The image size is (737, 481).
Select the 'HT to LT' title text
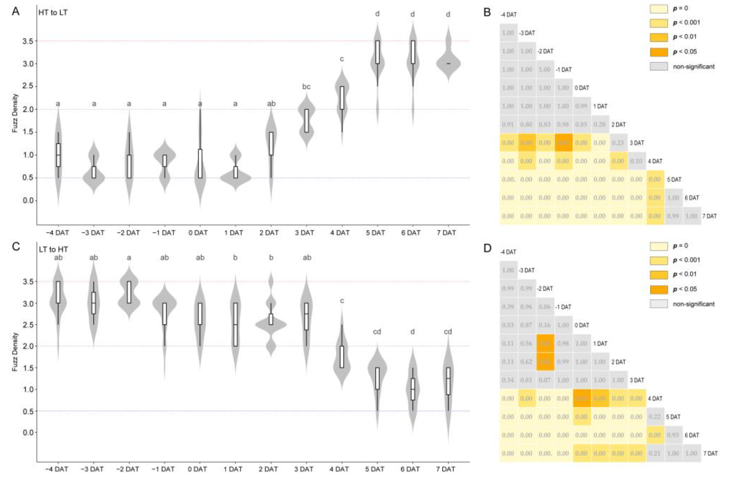click(53, 13)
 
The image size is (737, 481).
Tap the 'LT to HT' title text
click(53, 249)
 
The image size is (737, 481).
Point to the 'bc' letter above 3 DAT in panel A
click(306, 87)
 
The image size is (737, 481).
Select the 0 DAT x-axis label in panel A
click(198, 232)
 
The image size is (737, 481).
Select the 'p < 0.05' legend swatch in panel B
click(659, 52)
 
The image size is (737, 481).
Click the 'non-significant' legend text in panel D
click(694, 304)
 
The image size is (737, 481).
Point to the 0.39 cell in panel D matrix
click(508, 307)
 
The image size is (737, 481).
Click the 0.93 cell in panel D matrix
click(673, 435)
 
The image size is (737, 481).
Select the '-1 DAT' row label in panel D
click(563, 307)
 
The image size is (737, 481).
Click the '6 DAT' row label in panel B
click(691, 198)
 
